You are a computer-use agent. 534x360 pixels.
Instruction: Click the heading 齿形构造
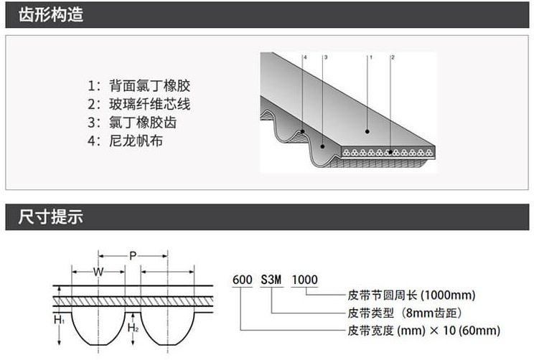(x=51, y=14)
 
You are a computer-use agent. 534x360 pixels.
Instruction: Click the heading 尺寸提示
(x=51, y=217)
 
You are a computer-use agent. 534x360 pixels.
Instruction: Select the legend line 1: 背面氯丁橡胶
(x=139, y=85)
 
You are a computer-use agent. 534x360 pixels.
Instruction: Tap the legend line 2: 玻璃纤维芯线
(x=139, y=104)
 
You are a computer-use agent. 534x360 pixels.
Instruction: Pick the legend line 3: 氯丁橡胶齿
(x=132, y=123)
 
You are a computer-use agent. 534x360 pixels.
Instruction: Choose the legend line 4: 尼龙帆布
(x=126, y=141)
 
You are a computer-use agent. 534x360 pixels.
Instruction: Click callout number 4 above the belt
(x=305, y=57)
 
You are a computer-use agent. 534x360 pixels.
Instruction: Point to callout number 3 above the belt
(x=326, y=57)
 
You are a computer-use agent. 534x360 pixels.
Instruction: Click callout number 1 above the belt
(x=371, y=57)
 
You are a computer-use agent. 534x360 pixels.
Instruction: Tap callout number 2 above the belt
(x=393, y=57)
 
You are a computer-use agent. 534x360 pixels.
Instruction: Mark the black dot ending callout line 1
(x=367, y=132)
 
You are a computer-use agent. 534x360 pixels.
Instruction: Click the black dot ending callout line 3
(x=322, y=147)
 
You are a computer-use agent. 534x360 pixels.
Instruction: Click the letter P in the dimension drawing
(x=133, y=255)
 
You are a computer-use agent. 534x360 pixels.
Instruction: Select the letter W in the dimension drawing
(x=98, y=272)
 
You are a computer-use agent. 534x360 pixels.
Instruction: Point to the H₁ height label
(x=59, y=320)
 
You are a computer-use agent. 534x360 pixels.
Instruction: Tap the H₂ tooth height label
(x=133, y=328)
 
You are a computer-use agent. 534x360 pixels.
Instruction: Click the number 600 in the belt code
(x=243, y=280)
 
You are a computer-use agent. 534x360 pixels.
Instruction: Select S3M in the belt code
(x=271, y=280)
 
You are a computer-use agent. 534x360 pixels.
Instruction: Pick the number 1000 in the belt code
(x=305, y=280)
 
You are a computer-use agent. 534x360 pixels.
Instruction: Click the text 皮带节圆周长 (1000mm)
(x=411, y=295)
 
